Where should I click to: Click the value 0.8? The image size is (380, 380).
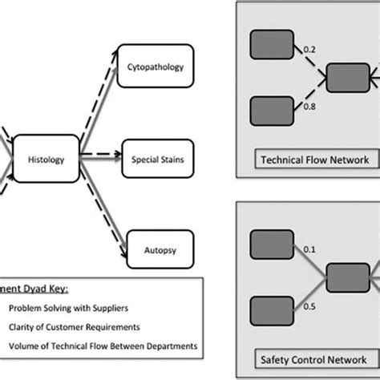coord(309,104)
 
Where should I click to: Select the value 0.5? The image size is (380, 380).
coord(309,305)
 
